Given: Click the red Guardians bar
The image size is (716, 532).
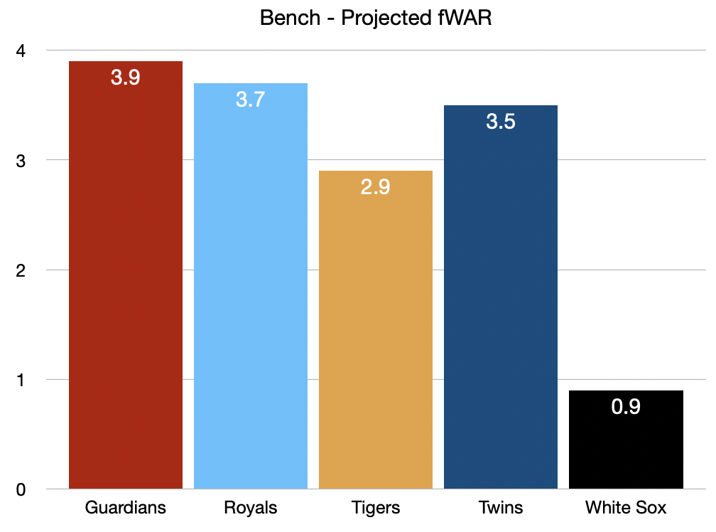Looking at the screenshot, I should pyautogui.click(x=126, y=284).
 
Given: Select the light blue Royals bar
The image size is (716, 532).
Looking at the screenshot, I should pyautogui.click(x=251, y=292).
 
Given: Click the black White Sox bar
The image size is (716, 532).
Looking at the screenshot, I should pyautogui.click(x=626, y=448).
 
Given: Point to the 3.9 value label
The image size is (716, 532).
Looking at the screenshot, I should pyautogui.click(x=126, y=78).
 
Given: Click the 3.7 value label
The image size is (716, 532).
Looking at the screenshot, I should pyautogui.click(x=251, y=100).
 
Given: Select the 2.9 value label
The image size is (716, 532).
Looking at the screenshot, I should pyautogui.click(x=376, y=187).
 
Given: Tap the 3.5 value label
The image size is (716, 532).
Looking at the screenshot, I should pyautogui.click(x=501, y=122).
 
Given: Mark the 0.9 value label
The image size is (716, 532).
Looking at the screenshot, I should pyautogui.click(x=626, y=407).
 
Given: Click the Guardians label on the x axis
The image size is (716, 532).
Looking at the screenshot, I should pyautogui.click(x=126, y=508).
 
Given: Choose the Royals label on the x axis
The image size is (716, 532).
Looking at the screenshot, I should pyautogui.click(x=251, y=508).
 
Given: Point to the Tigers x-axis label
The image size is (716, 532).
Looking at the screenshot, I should pyautogui.click(x=376, y=508).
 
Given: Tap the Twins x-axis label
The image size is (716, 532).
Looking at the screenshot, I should pyautogui.click(x=501, y=508).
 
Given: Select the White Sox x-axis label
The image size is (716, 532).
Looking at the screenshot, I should pyautogui.click(x=626, y=508).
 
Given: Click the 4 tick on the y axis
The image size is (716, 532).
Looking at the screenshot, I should pyautogui.click(x=21, y=50).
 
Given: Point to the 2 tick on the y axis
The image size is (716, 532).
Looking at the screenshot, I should pyautogui.click(x=21, y=270).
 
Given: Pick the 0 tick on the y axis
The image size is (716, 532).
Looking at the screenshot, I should pyautogui.click(x=21, y=489).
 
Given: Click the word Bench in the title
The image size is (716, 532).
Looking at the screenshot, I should pyautogui.click(x=291, y=18).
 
